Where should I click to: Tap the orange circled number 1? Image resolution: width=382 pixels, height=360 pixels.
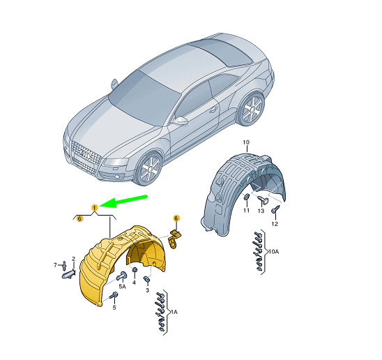95,208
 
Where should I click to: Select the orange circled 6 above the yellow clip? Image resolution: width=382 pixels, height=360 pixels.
176,218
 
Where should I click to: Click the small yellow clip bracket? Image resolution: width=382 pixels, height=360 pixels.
175,239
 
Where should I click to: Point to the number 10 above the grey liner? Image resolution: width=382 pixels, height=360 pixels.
246,142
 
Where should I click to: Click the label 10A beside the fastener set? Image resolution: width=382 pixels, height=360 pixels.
273,251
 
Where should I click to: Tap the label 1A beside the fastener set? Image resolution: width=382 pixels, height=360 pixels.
174,312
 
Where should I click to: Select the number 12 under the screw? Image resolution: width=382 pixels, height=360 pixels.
275,224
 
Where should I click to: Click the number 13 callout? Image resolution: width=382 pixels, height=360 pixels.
261,211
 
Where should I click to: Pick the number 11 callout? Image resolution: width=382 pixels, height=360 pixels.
246,210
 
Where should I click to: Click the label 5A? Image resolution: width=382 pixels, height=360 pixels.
122,287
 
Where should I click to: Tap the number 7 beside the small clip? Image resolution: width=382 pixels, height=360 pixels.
55,265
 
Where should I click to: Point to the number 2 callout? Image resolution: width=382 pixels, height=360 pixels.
73,259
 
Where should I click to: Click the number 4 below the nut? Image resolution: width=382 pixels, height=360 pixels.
134,283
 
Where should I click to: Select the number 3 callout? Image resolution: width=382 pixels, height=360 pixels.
147,290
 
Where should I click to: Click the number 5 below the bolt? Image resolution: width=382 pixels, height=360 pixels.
114,308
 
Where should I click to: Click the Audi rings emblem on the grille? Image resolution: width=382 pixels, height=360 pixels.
86,154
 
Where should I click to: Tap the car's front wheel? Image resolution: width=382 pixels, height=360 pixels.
148,169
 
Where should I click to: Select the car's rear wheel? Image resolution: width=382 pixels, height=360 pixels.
251,109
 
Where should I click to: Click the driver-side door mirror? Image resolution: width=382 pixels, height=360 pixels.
180,121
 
